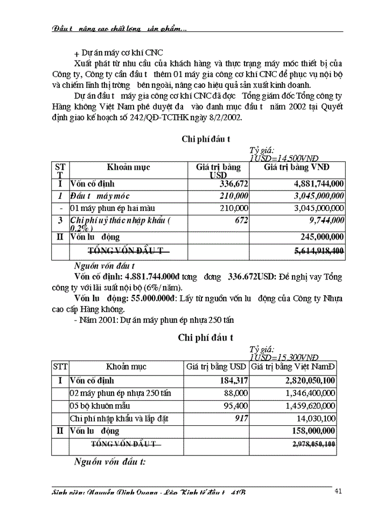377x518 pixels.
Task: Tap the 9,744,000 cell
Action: pyautogui.click(x=326, y=220)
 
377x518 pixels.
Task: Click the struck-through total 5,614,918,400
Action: pyautogui.click(x=319, y=251)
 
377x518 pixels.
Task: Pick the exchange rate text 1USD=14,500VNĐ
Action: pyautogui.click(x=283, y=158)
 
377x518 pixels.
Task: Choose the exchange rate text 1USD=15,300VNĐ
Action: pyautogui.click(x=284, y=357)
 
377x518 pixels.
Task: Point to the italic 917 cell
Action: pyautogui.click(x=241, y=418)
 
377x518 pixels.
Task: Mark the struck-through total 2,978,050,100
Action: pyautogui.click(x=313, y=444)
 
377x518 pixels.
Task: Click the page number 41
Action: pyautogui.click(x=339, y=491)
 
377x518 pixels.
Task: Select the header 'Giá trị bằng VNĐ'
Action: pyautogui.click(x=297, y=167)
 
